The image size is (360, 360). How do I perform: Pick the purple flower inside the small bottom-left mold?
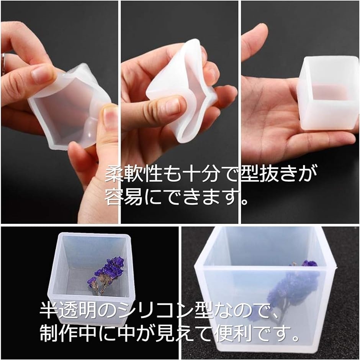coord(106,275)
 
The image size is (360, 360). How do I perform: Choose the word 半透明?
coord(68,310)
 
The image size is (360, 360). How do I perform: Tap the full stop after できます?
coord(245,201)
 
